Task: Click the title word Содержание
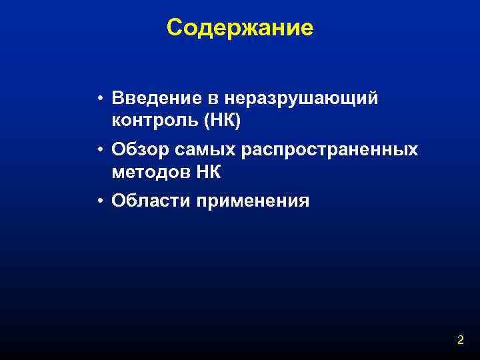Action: click(240, 27)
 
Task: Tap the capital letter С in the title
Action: click(175, 27)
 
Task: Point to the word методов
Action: click(151, 172)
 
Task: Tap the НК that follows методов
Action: click(209, 172)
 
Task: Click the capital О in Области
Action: click(118, 200)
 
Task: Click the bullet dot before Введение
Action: click(98, 99)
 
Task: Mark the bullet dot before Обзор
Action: click(98, 150)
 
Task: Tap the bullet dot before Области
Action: click(98, 201)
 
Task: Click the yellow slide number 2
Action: click(460, 340)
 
